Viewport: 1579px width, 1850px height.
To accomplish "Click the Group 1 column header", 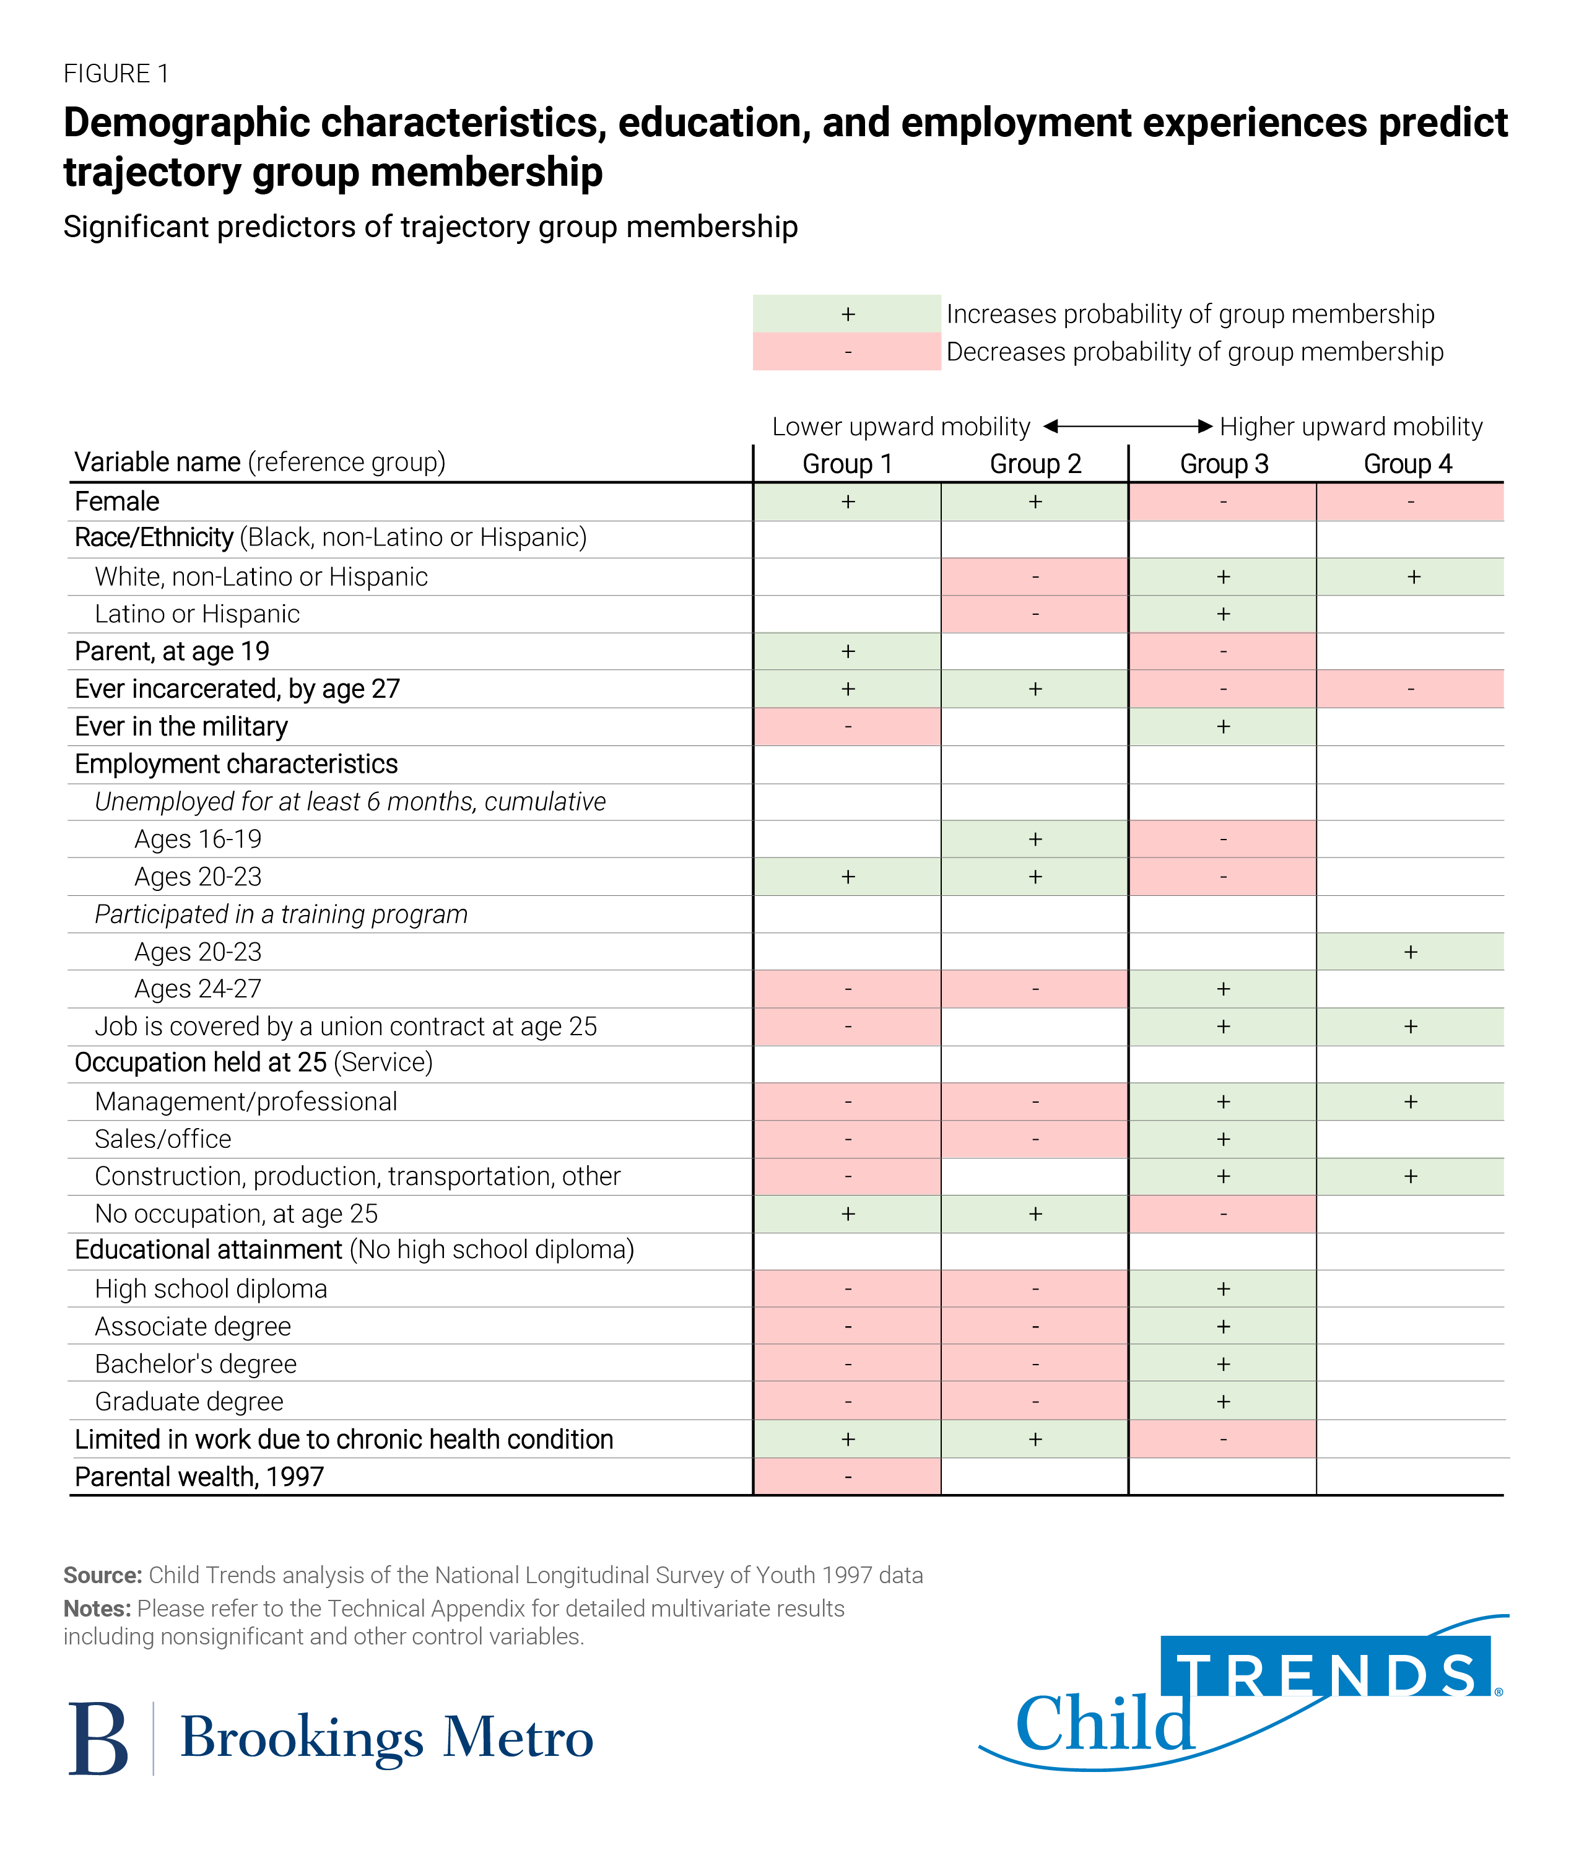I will click(846, 464).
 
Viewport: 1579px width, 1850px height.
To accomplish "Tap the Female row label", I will click(117, 502).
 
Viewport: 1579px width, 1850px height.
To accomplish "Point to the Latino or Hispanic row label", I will click(196, 614).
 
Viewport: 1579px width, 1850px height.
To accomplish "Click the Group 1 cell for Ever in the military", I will click(846, 727).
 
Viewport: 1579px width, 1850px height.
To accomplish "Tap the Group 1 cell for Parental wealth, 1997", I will click(846, 1477).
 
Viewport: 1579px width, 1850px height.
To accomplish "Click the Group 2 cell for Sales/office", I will click(1034, 1139).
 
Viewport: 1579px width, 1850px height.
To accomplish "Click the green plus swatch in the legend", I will click(846, 315).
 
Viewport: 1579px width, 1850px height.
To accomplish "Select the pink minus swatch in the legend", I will click(846, 352).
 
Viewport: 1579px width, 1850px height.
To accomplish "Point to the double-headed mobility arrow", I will click(1127, 427).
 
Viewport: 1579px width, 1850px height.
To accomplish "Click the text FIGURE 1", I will click(116, 73).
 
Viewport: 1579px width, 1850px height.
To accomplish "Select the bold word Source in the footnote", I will click(102, 1575).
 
